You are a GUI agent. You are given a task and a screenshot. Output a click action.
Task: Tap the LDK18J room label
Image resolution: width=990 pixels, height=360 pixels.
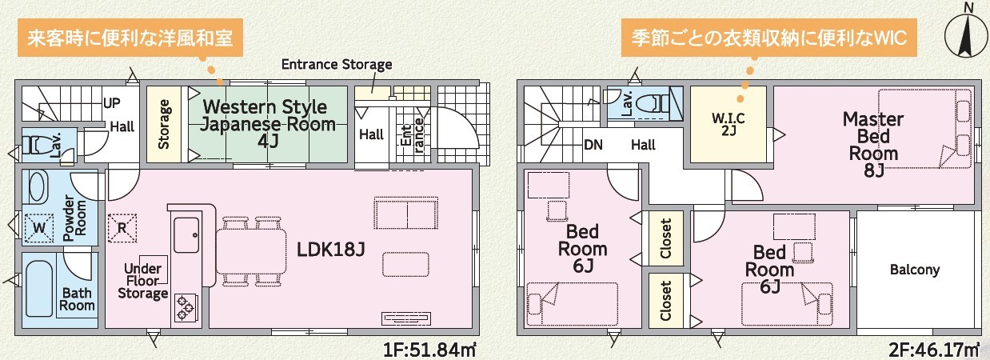click(330, 250)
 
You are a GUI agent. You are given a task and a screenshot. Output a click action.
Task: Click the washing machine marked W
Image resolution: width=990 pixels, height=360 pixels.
click(39, 228)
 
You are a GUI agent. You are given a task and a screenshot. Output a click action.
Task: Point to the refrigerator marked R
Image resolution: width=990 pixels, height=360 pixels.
click(122, 228)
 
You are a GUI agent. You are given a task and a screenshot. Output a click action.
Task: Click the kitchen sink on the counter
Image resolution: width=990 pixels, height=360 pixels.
click(186, 235)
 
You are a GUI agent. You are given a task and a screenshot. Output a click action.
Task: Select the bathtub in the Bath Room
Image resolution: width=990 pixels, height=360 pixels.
click(39, 288)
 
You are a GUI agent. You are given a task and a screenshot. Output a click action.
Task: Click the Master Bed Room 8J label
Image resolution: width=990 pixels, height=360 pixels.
click(873, 145)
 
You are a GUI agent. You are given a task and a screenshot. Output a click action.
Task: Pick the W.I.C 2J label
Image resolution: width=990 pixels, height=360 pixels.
click(729, 124)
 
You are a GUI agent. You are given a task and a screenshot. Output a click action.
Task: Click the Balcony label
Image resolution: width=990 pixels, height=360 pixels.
click(915, 270)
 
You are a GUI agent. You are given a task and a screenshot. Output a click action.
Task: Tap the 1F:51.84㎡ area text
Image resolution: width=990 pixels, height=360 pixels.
click(429, 350)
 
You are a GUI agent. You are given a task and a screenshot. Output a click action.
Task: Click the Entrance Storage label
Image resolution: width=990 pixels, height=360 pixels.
click(337, 65)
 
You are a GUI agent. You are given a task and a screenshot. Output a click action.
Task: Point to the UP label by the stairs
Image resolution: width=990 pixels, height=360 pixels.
click(112, 103)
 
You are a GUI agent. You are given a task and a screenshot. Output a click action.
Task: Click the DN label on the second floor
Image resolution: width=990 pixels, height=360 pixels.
click(593, 145)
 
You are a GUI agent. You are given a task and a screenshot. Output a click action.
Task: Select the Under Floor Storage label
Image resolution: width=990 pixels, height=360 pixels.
click(143, 282)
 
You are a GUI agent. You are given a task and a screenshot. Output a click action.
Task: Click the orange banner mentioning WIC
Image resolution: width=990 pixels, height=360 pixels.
click(769, 38)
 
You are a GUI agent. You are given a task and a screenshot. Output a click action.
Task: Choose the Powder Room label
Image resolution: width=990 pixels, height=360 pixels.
click(74, 218)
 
